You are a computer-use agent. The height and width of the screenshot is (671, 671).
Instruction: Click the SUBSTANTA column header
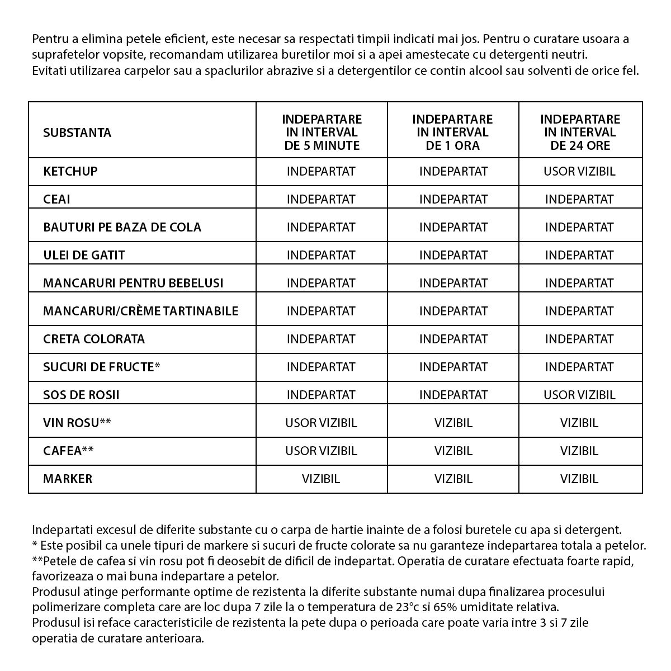(77, 133)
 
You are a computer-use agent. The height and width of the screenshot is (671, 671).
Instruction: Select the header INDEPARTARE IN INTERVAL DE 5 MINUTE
(322, 133)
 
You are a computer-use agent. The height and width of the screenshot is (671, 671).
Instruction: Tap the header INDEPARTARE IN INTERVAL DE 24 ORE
(580, 133)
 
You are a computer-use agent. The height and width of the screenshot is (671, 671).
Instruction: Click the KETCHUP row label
(70, 171)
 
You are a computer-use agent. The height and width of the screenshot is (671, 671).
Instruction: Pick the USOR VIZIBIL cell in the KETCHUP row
(579, 171)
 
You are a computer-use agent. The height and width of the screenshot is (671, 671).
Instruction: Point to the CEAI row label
(56, 199)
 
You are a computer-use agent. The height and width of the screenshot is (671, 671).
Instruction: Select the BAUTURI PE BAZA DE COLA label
(122, 227)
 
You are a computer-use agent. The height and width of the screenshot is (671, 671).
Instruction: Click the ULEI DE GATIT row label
(84, 255)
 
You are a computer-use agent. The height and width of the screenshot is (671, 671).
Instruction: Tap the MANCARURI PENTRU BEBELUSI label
(133, 283)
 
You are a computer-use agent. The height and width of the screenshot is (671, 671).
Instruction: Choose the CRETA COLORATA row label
(94, 339)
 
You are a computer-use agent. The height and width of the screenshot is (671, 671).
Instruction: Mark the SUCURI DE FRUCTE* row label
(102, 367)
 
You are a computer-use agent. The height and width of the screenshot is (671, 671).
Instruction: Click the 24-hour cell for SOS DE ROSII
(579, 395)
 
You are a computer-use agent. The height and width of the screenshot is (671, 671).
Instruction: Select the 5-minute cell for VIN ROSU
(321, 423)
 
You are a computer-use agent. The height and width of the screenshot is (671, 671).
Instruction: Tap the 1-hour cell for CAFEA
(453, 451)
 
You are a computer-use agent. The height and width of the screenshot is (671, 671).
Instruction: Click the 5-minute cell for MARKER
(321, 479)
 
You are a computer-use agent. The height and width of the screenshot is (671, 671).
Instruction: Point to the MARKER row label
(68, 479)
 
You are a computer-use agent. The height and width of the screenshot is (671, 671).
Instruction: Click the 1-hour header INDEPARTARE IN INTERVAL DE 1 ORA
(452, 133)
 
